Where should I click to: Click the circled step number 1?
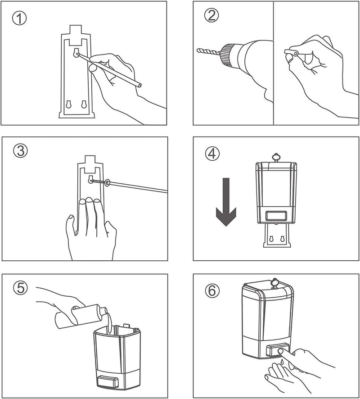point(19,18)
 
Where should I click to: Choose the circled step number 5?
point(20,288)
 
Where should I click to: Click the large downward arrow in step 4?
point(226,202)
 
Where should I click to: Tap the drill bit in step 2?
point(210,50)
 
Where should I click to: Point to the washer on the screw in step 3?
point(107,182)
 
